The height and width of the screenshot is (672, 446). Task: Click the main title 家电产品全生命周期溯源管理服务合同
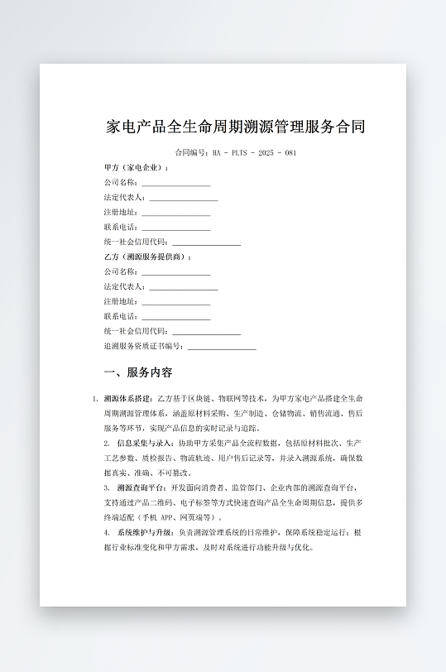(236, 127)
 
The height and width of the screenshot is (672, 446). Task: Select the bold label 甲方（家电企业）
(136, 167)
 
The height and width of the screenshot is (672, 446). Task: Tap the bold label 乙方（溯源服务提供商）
(146, 257)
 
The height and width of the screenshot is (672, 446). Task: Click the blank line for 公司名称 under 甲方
(175, 183)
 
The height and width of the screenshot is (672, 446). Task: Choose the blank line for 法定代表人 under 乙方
(184, 287)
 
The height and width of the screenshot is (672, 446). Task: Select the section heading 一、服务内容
(137, 372)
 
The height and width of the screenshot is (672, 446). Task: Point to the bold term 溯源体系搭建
(127, 399)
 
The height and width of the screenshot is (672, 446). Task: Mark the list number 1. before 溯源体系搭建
(95, 399)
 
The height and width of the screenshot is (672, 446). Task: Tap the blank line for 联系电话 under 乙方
(175, 317)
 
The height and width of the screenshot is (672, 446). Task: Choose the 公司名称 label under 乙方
(121, 271)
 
